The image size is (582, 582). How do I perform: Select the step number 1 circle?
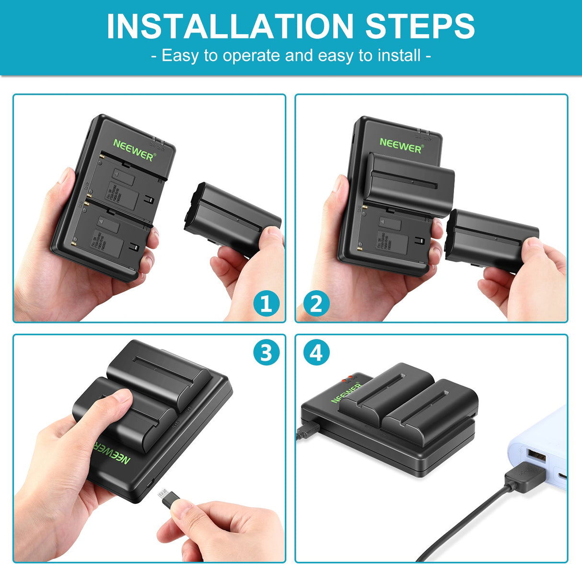point(266,303)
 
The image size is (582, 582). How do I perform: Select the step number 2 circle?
point(316,303)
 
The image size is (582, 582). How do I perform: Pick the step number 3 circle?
point(266,353)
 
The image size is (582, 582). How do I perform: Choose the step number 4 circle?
point(316,353)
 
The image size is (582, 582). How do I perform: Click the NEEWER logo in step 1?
point(134,150)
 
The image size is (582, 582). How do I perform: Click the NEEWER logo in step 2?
point(401,145)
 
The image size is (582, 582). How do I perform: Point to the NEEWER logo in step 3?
point(111,451)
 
